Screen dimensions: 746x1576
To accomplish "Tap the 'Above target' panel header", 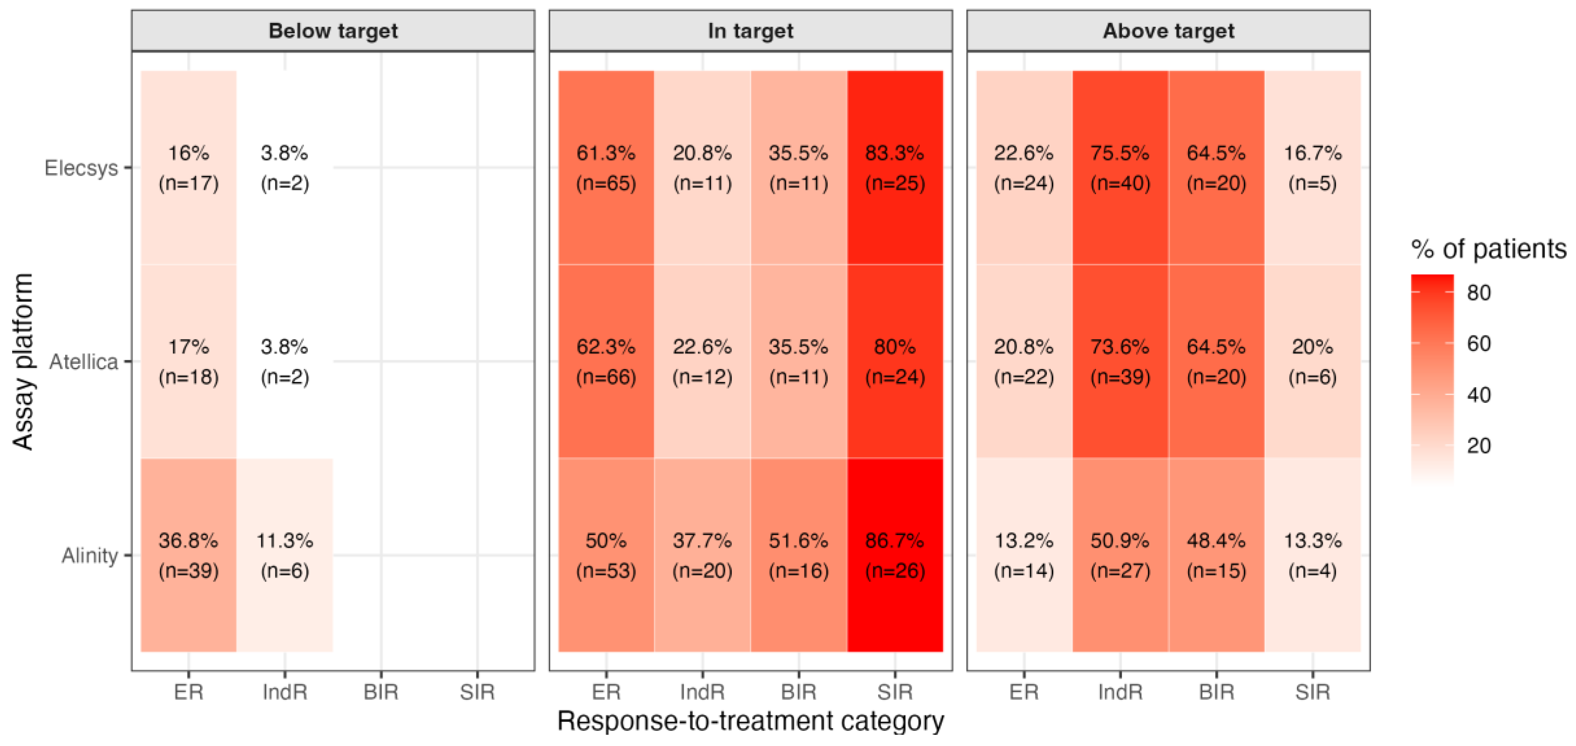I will point(1168,31).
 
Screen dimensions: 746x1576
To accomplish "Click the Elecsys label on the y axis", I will point(81,168).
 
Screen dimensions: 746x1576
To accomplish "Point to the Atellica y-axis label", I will point(84,361).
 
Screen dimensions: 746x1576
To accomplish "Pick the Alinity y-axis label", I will point(90,555).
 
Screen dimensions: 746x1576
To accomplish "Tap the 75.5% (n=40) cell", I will point(1120,168).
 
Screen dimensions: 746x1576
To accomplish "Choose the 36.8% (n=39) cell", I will point(188,555).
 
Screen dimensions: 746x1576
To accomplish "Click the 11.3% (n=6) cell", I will point(285,555).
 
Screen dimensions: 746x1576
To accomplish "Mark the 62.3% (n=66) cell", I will point(606,361).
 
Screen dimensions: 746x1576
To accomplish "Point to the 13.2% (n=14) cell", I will point(1023,555).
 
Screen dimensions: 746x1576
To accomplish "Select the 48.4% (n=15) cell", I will point(1216,555).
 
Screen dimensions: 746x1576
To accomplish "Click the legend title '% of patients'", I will point(1488,249).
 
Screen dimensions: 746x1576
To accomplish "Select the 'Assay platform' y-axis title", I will point(23,361).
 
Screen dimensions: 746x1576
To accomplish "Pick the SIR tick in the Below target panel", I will point(477,692).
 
